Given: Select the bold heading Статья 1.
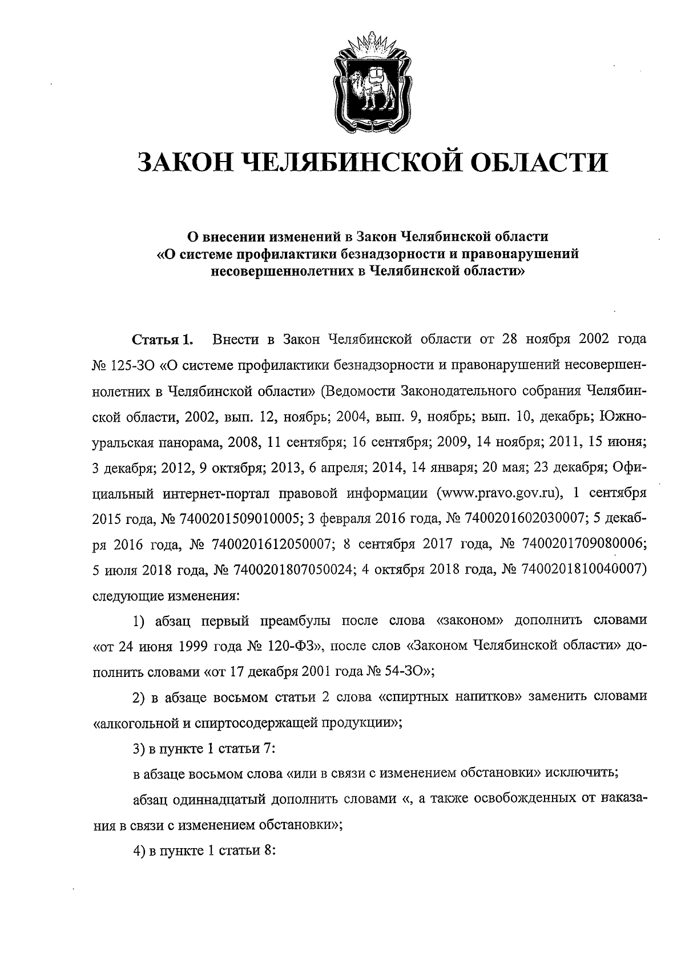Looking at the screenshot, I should (x=163, y=341).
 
